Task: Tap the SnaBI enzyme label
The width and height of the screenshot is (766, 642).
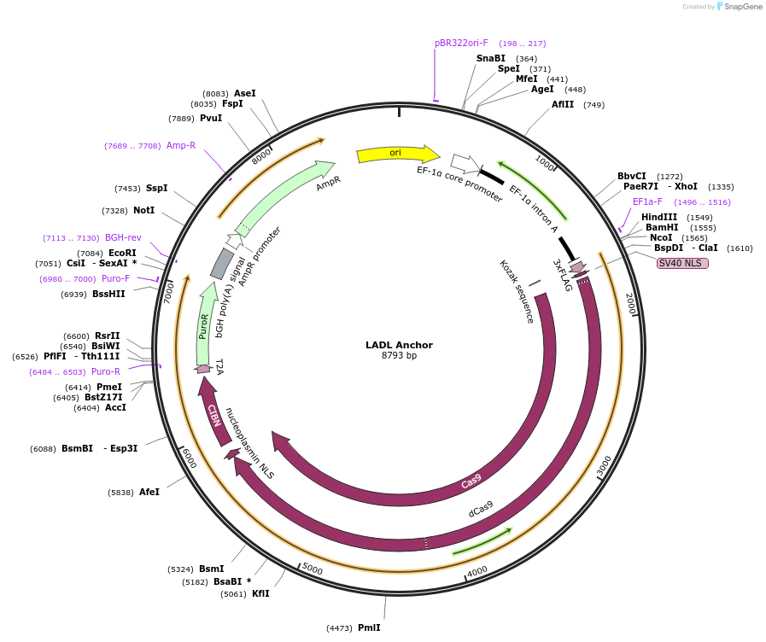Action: [x=491, y=58]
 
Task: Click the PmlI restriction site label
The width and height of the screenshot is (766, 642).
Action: [x=369, y=627]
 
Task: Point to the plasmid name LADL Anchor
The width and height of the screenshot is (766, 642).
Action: [x=399, y=345]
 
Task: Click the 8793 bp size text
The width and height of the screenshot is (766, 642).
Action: [x=399, y=356]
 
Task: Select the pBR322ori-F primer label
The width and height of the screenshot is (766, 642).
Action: [x=461, y=43]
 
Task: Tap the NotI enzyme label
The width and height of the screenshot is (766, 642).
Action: [x=143, y=210]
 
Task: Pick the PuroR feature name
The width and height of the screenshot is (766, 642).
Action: [x=204, y=326]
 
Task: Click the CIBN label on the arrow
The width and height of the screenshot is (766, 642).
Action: [x=213, y=415]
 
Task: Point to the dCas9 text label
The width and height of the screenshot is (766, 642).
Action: [x=481, y=510]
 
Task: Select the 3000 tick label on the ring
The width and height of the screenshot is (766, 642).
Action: [x=605, y=465]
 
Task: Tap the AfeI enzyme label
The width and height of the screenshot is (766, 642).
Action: [x=149, y=492]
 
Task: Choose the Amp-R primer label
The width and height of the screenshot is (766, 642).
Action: [x=181, y=145]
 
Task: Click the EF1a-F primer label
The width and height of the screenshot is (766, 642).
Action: [x=647, y=201]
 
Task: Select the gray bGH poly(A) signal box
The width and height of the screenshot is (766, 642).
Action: [x=222, y=264]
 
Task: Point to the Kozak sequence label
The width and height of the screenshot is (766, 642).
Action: [x=516, y=291]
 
